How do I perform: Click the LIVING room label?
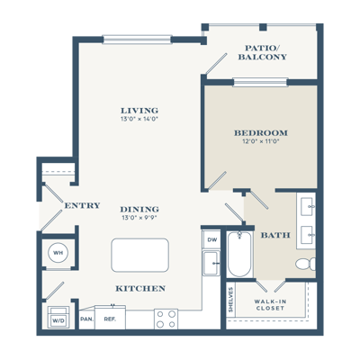point(139,110)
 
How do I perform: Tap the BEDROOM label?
point(261,132)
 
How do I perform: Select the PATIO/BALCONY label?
point(263,52)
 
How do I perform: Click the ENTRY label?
point(82,205)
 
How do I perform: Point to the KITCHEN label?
point(140,288)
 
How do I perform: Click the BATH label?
point(275,235)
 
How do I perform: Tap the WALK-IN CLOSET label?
point(270,304)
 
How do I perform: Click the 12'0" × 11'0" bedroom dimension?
point(261,141)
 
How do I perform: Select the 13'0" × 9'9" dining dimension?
point(139,218)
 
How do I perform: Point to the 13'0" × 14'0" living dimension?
point(139,119)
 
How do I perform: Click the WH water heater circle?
point(58,253)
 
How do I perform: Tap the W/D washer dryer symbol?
point(58,318)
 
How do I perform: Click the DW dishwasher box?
point(211,239)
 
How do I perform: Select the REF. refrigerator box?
point(110,318)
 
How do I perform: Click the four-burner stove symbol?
point(166,319)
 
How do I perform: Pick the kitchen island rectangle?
point(139,256)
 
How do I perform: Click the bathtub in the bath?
point(239,255)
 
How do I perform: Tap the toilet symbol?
point(305,264)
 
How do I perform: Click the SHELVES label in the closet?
point(230,300)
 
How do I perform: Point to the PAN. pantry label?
point(86,319)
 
